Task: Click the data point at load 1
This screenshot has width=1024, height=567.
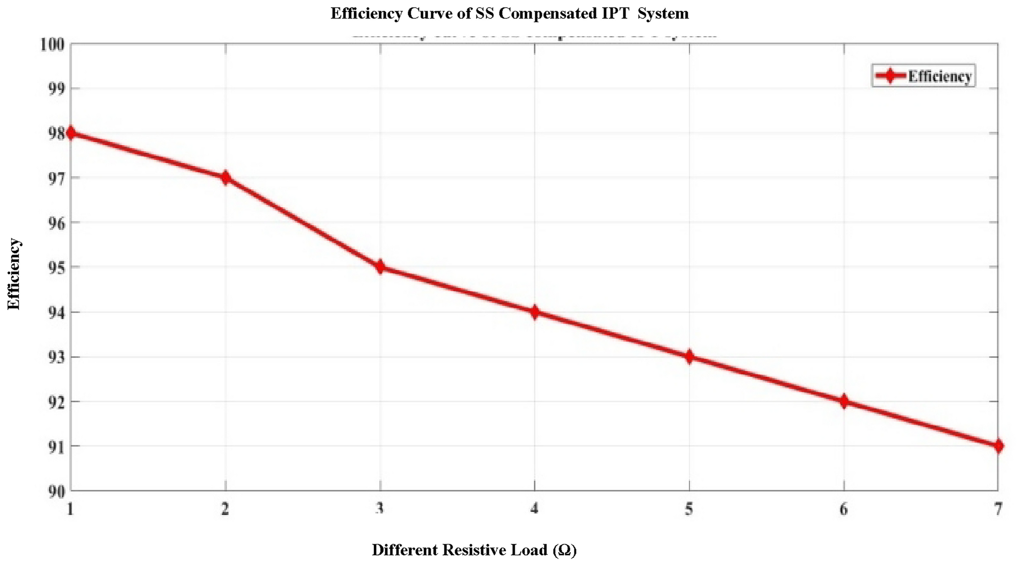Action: coord(71,133)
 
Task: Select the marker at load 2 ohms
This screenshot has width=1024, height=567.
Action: coord(225,178)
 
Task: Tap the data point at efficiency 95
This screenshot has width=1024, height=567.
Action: coord(380,267)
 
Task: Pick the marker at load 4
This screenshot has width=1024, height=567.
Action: coord(534,312)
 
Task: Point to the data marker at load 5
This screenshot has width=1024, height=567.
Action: coord(689,357)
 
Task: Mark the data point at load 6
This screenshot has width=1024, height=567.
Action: coord(844,401)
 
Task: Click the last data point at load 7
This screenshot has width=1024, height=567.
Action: coord(998,446)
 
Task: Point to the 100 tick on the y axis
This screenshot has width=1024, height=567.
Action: coord(52,44)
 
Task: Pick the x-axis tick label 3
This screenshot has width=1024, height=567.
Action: coord(380,509)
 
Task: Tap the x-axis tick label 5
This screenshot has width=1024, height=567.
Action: coord(689,509)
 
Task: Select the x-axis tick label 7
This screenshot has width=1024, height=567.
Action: coord(998,509)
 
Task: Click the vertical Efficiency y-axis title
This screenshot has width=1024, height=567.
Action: coord(14,274)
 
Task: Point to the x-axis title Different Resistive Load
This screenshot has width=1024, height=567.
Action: coord(474,550)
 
